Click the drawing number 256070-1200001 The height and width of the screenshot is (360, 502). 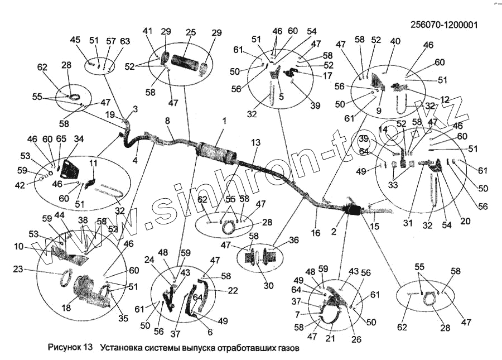[445, 25]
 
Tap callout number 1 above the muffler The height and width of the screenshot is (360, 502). [224, 121]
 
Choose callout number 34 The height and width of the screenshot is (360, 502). [79, 139]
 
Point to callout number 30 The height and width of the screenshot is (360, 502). [269, 286]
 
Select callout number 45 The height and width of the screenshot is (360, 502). [75, 40]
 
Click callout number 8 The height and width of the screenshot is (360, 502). [167, 121]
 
